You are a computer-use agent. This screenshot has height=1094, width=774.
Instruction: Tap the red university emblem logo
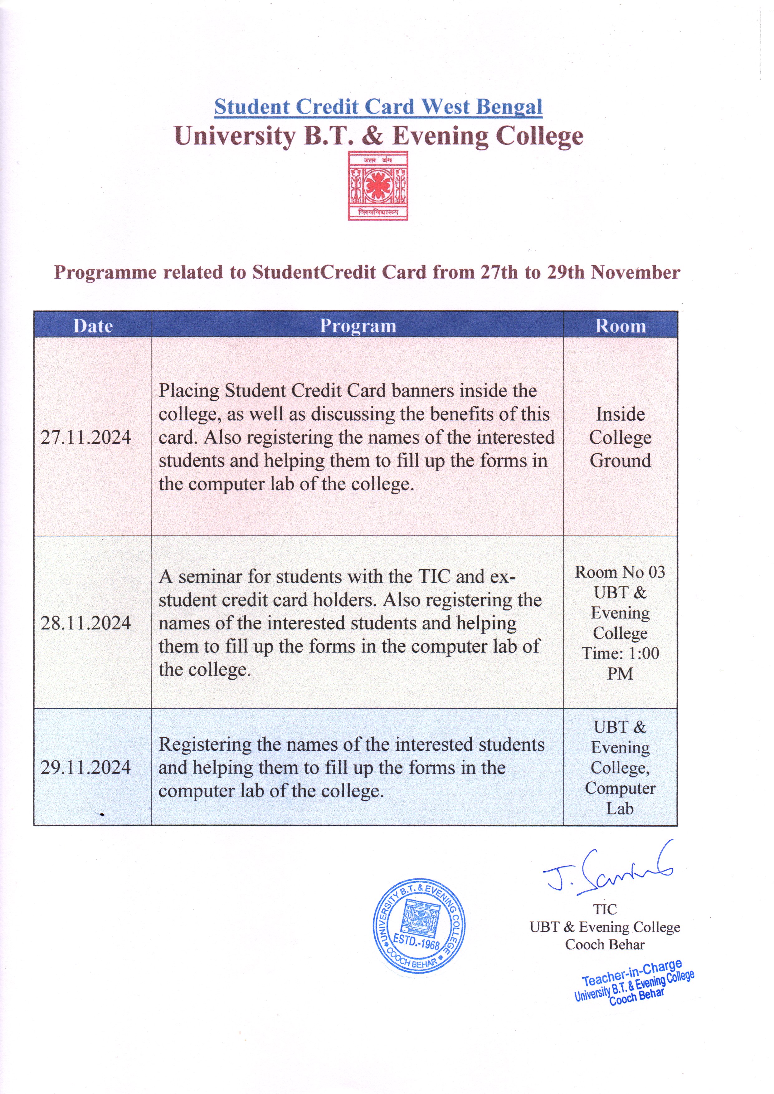377,186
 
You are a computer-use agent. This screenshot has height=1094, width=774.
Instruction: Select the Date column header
93,326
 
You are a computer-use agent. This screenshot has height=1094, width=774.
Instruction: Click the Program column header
358,326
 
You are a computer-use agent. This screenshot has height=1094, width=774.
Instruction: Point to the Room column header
620,326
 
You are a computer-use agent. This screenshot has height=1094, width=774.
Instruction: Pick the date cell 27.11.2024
86,437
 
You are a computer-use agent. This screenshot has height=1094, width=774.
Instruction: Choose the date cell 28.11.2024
86,623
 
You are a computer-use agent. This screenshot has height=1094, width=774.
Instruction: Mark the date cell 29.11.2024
86,768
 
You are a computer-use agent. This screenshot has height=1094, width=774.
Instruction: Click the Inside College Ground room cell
620,437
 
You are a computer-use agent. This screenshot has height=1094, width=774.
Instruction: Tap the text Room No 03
620,572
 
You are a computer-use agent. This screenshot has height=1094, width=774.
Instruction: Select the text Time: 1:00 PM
620,663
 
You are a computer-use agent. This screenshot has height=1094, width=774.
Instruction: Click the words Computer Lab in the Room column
620,799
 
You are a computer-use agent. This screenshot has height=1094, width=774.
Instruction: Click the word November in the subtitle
635,273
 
